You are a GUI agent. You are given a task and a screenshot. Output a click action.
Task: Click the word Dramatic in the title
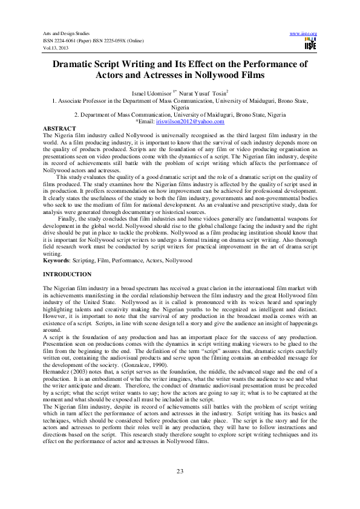click(x=75, y=63)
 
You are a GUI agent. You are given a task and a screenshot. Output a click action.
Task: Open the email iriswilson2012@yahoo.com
click(x=185, y=121)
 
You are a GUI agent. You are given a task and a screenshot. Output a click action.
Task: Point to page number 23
click(x=180, y=471)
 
